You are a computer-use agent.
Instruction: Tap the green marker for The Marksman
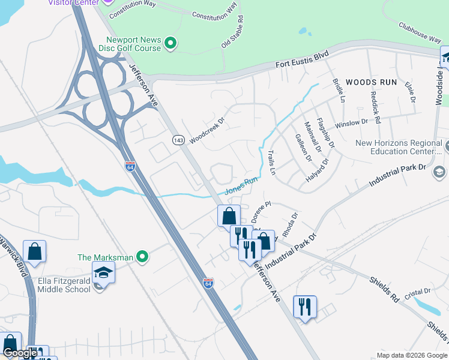[x=142, y=257]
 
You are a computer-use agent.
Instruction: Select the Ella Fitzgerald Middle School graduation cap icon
[x=103, y=273]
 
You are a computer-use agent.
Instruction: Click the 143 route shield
[x=178, y=140]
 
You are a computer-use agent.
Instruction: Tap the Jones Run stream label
[x=241, y=185]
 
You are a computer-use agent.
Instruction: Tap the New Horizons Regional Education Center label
[x=399, y=147]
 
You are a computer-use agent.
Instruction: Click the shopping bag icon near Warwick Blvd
[x=35, y=251]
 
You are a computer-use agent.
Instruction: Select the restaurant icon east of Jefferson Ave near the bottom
[x=305, y=307]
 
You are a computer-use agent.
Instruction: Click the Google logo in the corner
[x=20, y=353]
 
